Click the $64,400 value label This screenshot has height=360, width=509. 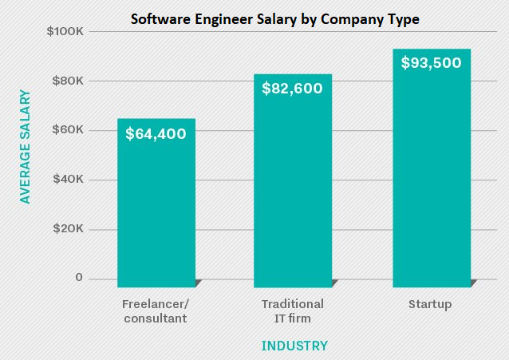[x=156, y=134]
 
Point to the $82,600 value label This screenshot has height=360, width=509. [x=293, y=89]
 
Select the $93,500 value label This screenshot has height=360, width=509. [x=431, y=62]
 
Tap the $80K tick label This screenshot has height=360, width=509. [x=65, y=81]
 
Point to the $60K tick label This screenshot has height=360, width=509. [x=65, y=130]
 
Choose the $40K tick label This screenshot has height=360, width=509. [x=65, y=180]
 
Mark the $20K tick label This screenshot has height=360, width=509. [x=65, y=229]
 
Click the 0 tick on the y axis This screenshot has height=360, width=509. [x=79, y=278]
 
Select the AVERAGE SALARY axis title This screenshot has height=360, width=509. [x=26, y=147]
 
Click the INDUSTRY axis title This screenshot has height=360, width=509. [x=294, y=346]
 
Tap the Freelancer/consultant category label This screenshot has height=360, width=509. [x=156, y=311]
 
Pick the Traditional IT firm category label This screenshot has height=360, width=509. [x=293, y=311]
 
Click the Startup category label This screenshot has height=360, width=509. [x=430, y=304]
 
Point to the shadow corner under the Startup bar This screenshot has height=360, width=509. [x=474, y=283]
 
